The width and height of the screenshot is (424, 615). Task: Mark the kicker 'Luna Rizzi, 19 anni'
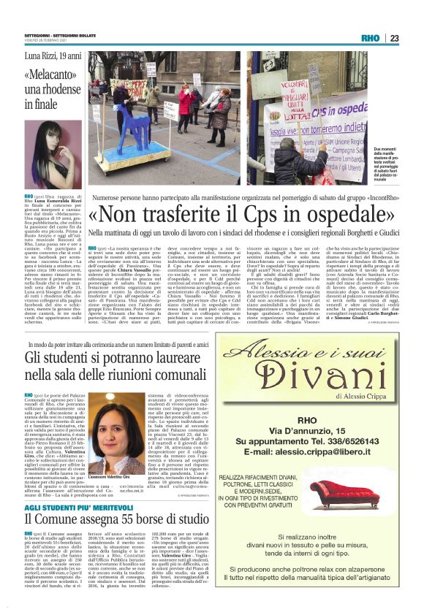56,56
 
